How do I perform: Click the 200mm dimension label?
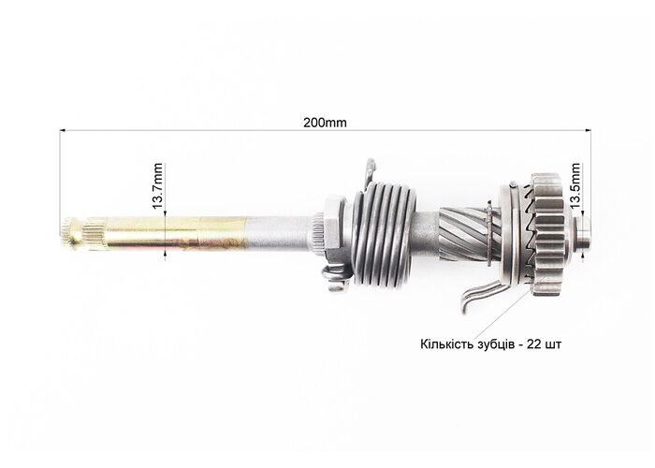(325, 123)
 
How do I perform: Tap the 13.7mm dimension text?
(157, 186)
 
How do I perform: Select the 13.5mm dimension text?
(575, 186)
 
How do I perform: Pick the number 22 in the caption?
(534, 344)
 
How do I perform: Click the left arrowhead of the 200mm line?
(63, 130)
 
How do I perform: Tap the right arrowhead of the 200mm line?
(589, 130)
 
